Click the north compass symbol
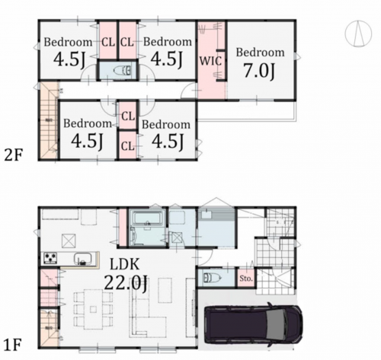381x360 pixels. (x=358, y=33)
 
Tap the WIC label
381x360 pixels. (x=210, y=61)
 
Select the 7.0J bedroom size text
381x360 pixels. (x=259, y=70)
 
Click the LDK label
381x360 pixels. (x=124, y=264)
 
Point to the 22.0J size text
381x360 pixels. (x=126, y=282)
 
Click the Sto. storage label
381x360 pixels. (x=246, y=279)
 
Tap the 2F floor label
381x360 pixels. (x=14, y=155)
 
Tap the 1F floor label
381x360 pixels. (x=13, y=345)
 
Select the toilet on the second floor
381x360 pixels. (x=123, y=71)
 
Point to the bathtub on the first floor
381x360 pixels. (x=147, y=218)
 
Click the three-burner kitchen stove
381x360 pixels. (x=50, y=258)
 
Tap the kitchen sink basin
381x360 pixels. (x=83, y=259)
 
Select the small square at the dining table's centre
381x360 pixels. (x=93, y=310)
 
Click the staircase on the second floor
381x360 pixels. (x=49, y=121)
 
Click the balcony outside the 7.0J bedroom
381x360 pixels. (x=247, y=111)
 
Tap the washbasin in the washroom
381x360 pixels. (x=207, y=215)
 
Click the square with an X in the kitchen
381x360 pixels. (x=69, y=241)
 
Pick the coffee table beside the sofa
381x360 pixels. (x=165, y=291)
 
